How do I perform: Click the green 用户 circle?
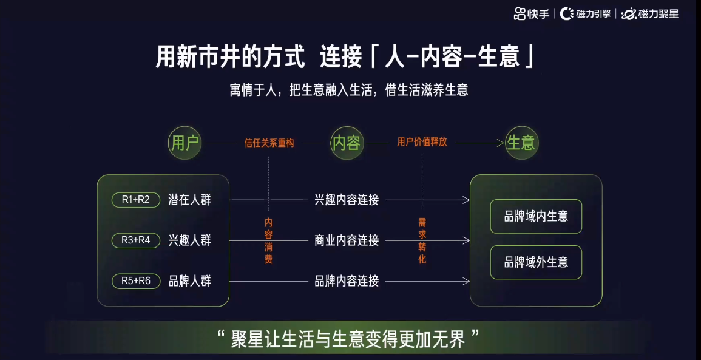(x=185, y=143)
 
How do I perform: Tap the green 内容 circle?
(x=346, y=143)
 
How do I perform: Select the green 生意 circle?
(x=521, y=143)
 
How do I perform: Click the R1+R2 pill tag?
(x=135, y=200)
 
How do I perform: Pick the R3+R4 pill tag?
(x=135, y=240)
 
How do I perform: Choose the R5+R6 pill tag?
(x=135, y=281)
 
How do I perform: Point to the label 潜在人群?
(x=189, y=200)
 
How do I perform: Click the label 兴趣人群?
(x=189, y=240)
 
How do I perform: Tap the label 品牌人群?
(x=189, y=281)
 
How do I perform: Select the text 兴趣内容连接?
(x=347, y=200)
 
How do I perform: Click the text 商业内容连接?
(x=347, y=240)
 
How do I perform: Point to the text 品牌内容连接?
(x=347, y=281)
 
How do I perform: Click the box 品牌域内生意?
(x=536, y=216)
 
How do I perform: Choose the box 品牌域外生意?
(x=536, y=262)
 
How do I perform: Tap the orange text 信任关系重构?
(x=269, y=143)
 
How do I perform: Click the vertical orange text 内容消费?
(x=268, y=241)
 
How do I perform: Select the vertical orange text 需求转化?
(x=422, y=241)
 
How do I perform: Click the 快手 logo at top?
(x=532, y=13)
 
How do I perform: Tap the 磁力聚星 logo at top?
(x=650, y=13)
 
